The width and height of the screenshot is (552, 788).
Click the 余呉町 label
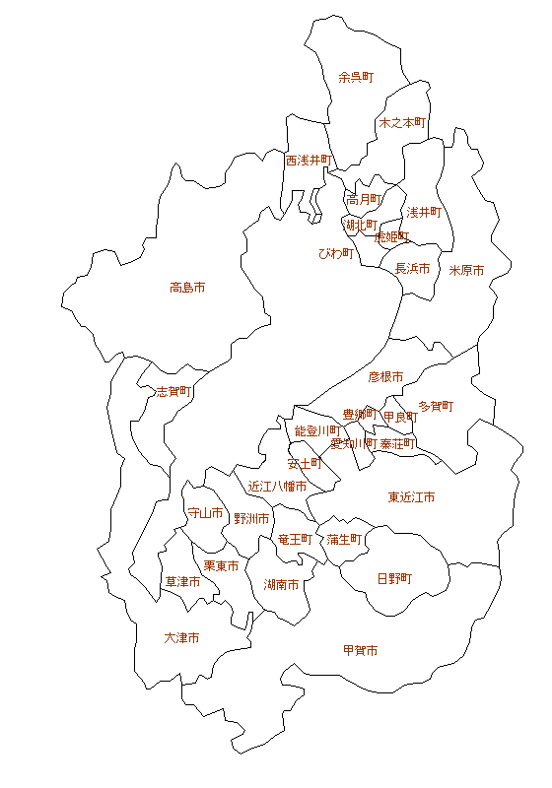click(x=356, y=77)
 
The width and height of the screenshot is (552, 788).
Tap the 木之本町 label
click(x=401, y=123)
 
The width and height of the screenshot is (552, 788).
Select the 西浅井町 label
click(x=310, y=160)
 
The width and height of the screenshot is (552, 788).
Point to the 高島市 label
click(x=187, y=288)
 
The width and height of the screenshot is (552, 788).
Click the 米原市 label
click(x=466, y=270)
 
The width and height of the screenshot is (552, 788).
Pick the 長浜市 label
click(x=412, y=268)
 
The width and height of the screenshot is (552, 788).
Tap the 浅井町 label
click(x=423, y=212)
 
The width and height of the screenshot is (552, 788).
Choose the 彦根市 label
click(x=385, y=376)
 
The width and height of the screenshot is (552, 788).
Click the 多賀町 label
click(x=435, y=406)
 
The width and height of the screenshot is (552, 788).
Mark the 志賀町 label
click(x=173, y=391)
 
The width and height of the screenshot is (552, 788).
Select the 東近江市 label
click(x=411, y=497)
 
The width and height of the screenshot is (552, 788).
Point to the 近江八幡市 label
click(x=277, y=487)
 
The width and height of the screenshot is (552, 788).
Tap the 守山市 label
click(x=205, y=513)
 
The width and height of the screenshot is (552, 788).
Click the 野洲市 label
click(x=251, y=518)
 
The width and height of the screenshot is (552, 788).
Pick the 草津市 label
click(x=182, y=581)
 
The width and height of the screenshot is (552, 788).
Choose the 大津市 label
click(x=181, y=638)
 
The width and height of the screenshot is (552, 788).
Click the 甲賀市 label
click(x=360, y=651)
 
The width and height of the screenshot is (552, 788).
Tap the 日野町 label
click(x=394, y=578)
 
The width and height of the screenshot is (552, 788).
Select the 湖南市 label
click(x=282, y=584)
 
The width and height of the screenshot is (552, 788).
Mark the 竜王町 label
click(x=295, y=540)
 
